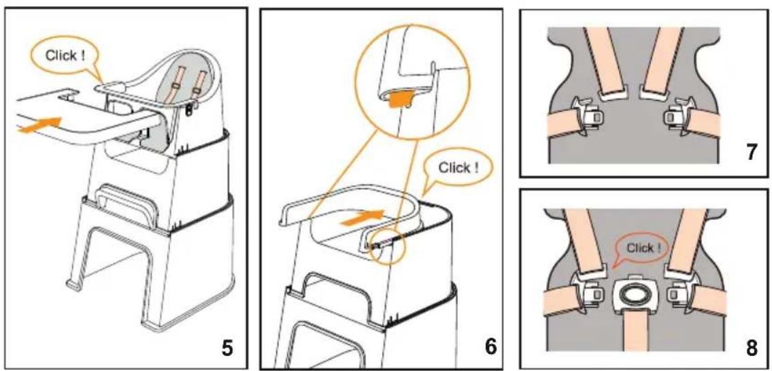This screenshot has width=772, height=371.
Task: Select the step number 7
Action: coord(752,153)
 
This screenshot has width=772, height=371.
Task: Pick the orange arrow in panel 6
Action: coord(362,218)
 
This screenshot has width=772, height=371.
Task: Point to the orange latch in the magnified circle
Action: coord(399,101)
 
